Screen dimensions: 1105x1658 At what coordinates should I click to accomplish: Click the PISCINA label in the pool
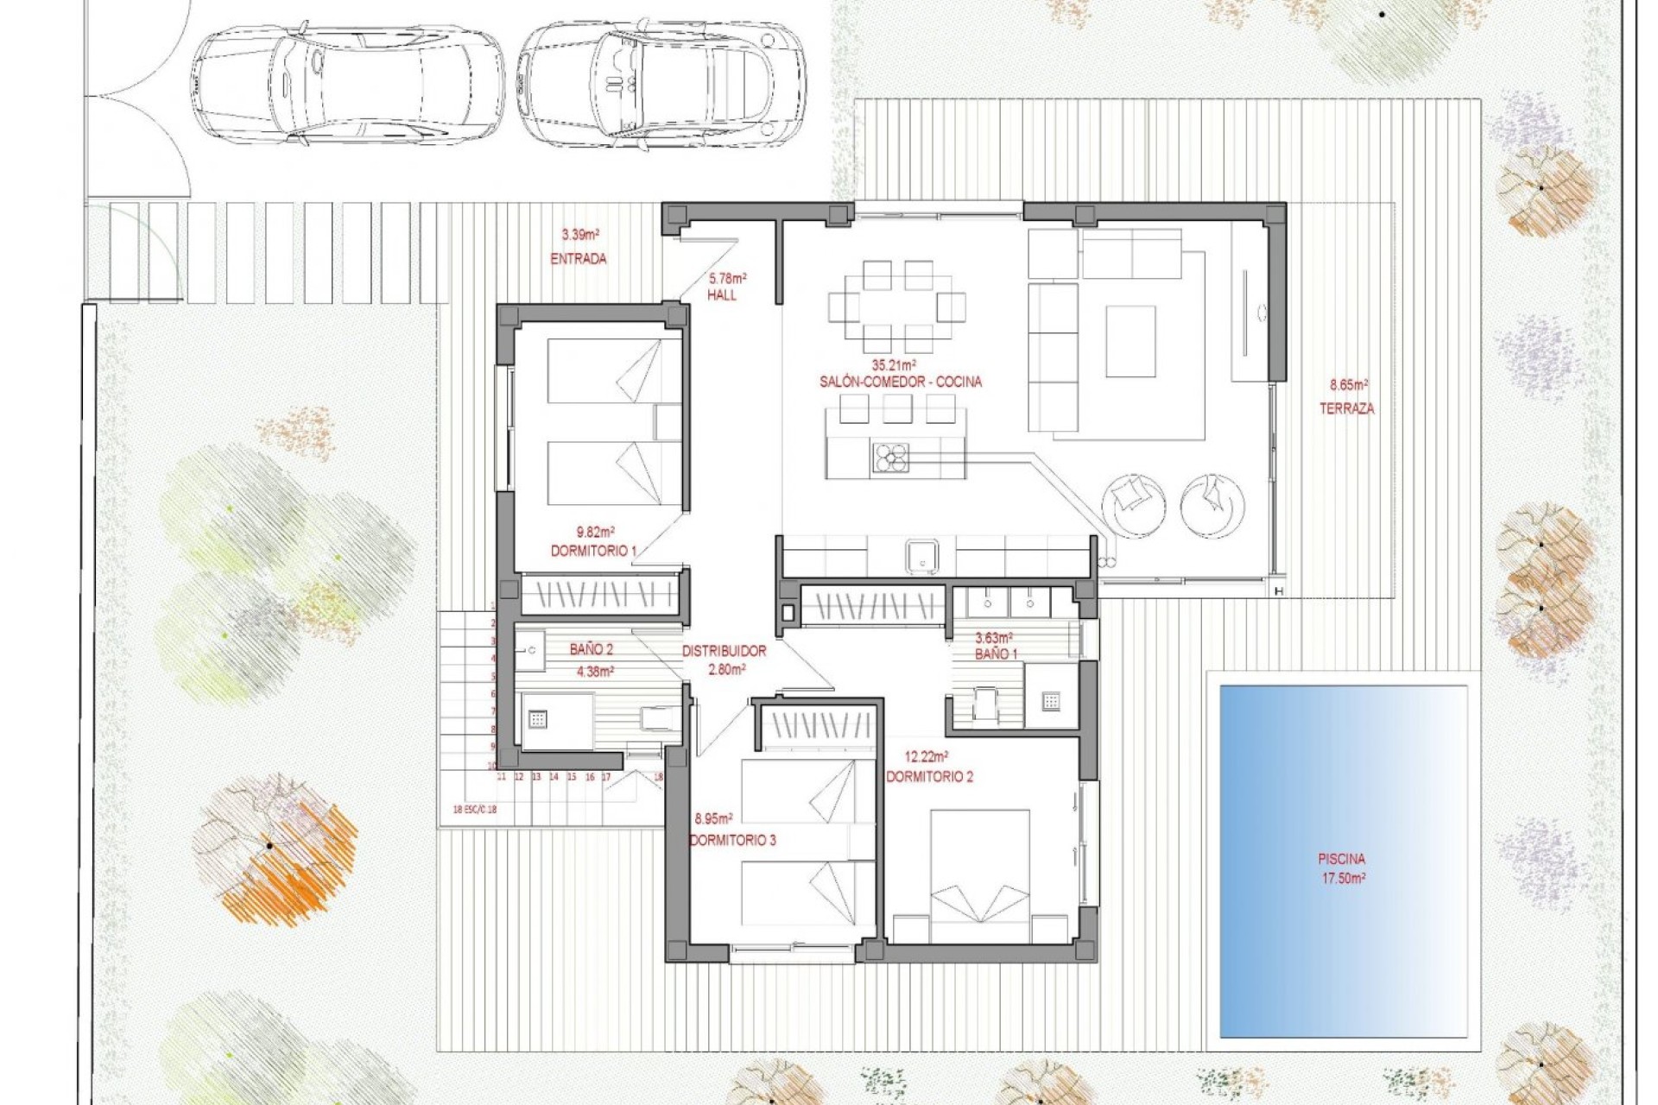(1341, 859)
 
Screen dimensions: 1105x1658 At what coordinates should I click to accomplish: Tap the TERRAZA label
(1346, 408)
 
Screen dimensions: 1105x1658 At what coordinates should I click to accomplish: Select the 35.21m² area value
(894, 365)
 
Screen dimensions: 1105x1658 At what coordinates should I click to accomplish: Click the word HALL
(722, 295)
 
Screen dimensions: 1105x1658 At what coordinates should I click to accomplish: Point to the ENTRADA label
(578, 258)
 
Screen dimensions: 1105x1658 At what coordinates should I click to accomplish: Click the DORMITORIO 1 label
(593, 551)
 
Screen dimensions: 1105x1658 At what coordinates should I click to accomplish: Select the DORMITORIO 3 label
(733, 840)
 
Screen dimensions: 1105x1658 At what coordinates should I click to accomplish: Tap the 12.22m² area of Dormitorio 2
(926, 757)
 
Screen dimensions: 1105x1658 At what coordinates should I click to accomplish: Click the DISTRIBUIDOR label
(724, 651)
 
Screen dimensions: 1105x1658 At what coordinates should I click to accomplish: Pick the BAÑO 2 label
(592, 649)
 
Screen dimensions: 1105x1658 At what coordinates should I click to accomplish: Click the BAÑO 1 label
(996, 654)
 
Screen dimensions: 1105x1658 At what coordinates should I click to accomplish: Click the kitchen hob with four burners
(890, 458)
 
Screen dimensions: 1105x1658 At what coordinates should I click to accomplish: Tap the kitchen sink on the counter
(922, 554)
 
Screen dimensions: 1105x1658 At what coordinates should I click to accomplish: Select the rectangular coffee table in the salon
(1130, 342)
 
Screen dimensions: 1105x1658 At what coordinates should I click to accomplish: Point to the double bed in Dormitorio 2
(980, 874)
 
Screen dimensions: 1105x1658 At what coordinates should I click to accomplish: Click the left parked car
(347, 83)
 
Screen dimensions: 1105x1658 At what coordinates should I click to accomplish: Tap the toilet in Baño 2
(658, 717)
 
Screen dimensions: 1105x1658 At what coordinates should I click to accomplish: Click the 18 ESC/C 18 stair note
(474, 810)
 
